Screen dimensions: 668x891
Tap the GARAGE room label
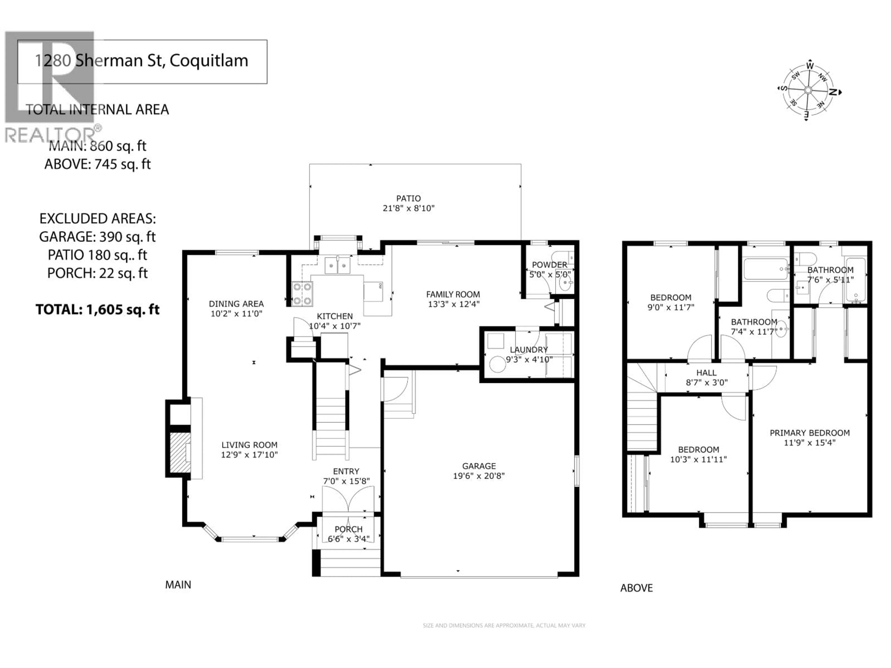click(478, 466)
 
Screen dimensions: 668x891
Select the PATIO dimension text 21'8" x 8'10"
click(408, 208)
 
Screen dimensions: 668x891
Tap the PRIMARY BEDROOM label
click(810, 433)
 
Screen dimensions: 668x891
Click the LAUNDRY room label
click(529, 350)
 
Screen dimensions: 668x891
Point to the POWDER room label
click(549, 265)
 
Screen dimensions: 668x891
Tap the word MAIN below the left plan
click(178, 585)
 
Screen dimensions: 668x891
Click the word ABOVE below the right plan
click(636, 588)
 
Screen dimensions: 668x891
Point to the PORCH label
click(349, 529)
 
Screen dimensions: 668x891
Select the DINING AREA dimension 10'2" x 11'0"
click(236, 314)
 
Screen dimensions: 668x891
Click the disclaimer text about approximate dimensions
click(504, 625)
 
